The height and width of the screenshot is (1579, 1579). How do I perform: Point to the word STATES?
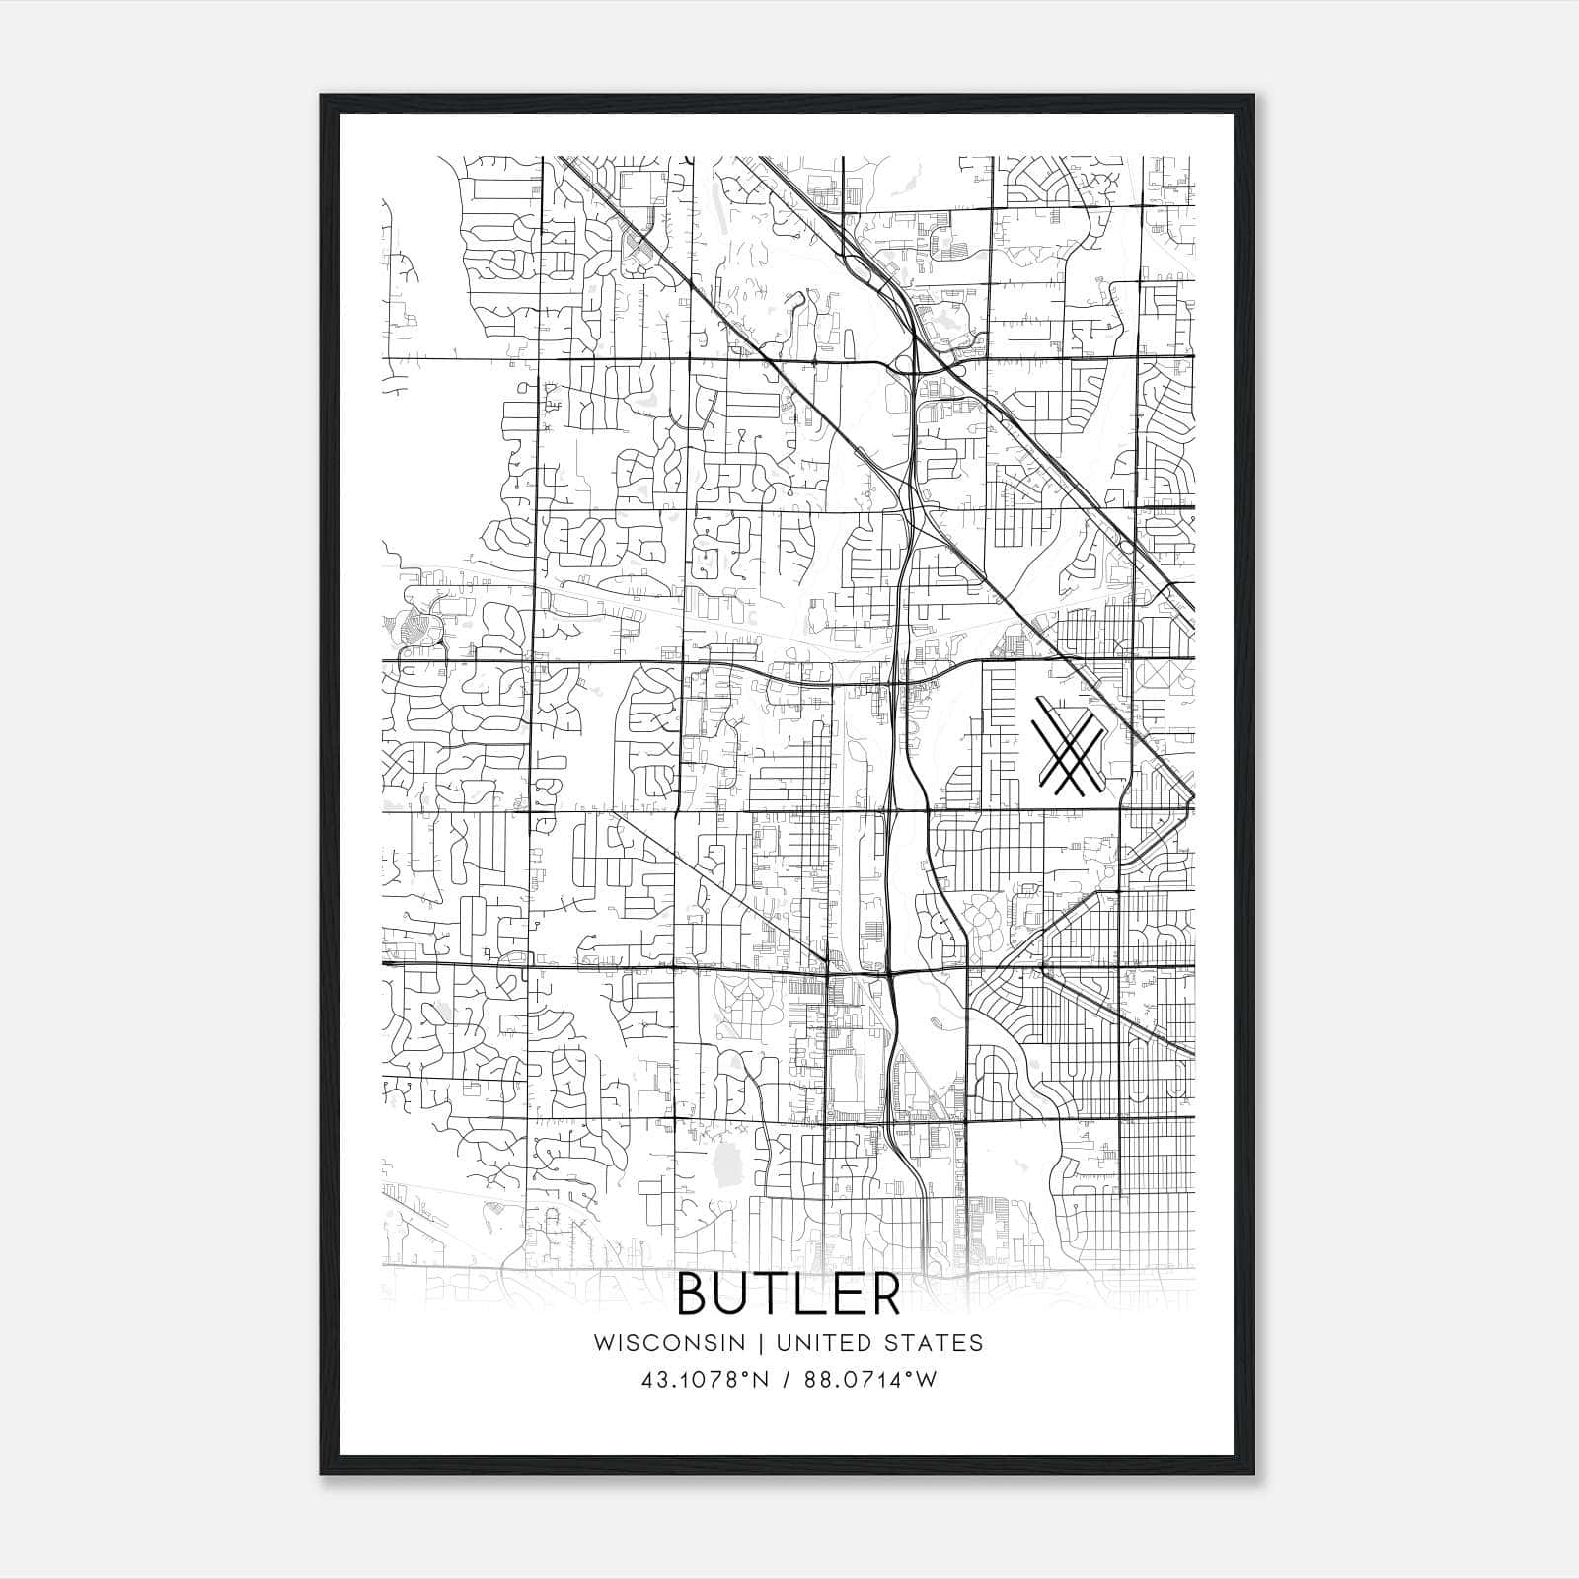tap(939, 1342)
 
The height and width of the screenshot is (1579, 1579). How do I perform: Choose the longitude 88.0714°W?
tap(869, 1379)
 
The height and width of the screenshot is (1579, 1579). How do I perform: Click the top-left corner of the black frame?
tap(322, 97)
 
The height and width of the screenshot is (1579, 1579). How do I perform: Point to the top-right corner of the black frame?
tap(1253, 97)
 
